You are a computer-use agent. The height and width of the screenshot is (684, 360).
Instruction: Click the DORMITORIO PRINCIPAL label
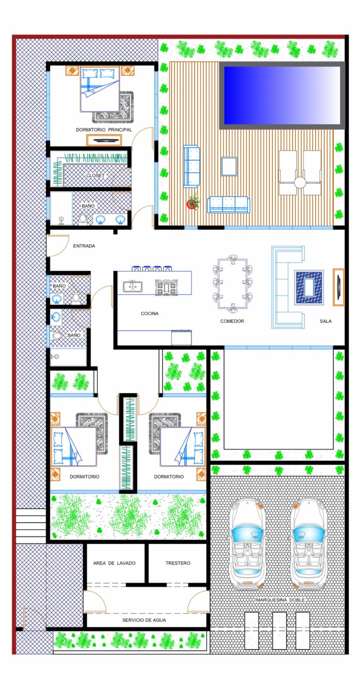tap(104, 130)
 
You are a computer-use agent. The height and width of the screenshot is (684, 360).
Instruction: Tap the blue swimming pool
tap(282, 95)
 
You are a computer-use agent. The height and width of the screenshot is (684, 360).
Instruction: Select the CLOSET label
tap(95, 175)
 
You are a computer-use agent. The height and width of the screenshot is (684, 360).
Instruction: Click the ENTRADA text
tap(84, 246)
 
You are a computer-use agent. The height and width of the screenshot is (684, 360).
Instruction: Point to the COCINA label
tap(150, 313)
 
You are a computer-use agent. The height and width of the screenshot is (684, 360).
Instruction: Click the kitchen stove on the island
tap(166, 287)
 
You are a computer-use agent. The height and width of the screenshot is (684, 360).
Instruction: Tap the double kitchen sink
tap(133, 287)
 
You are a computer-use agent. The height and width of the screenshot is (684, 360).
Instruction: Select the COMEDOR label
tap(232, 321)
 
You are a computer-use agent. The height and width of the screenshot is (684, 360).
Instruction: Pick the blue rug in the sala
tap(309, 287)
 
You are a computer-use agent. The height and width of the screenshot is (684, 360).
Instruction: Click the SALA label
tap(325, 321)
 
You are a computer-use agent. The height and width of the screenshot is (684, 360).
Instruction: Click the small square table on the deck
tap(229, 166)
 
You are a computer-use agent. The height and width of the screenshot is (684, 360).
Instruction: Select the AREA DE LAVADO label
tap(115, 563)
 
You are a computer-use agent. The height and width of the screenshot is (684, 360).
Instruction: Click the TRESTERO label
tap(178, 563)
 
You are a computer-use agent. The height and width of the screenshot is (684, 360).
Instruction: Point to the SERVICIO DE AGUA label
tap(144, 620)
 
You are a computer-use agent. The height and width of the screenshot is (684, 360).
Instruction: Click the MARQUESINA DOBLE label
tap(280, 600)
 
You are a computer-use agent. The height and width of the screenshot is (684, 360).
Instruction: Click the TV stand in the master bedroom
tap(104, 140)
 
